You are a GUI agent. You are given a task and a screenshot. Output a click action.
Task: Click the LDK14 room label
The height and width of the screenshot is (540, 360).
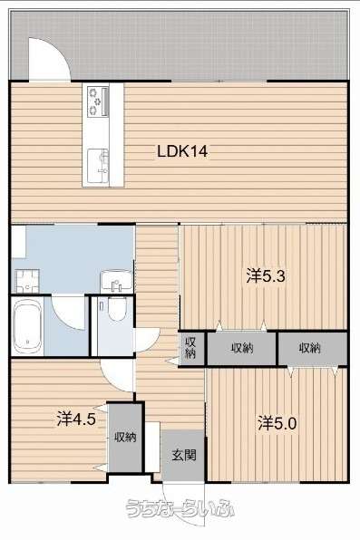[x=182, y=151]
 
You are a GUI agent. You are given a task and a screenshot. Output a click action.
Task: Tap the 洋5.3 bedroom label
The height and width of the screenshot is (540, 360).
[x=266, y=276]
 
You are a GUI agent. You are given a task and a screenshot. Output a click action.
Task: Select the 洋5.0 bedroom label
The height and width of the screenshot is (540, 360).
[x=277, y=423]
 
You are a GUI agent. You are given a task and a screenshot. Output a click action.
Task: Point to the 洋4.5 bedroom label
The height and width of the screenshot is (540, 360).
[x=76, y=419]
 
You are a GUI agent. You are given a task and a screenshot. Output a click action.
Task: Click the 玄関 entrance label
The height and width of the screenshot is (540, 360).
[x=184, y=455]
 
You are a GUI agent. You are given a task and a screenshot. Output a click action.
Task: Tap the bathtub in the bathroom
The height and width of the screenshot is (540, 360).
[x=27, y=326]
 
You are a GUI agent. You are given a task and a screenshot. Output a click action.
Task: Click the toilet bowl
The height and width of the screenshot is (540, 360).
[x=117, y=308]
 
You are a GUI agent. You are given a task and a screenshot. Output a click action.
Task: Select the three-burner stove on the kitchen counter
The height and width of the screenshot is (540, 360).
[x=98, y=101]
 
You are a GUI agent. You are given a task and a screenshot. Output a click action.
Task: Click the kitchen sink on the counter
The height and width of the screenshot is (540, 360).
[x=98, y=166]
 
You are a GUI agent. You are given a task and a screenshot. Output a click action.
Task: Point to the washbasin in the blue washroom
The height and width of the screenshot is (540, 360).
[x=116, y=281]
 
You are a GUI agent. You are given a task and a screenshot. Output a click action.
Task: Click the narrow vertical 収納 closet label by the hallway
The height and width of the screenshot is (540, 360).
[x=190, y=348]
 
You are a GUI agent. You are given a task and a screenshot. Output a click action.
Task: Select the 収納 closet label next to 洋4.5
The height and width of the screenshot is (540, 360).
[x=125, y=438]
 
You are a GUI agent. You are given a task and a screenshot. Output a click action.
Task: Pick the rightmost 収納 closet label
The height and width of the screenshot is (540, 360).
[x=309, y=348]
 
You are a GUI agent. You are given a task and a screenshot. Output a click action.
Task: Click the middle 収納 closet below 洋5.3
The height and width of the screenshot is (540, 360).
[x=242, y=348]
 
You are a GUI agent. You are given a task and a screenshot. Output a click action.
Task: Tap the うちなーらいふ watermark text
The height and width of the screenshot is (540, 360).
[x=180, y=507]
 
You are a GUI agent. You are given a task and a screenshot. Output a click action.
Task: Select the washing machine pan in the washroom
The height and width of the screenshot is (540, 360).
[x=27, y=281]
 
